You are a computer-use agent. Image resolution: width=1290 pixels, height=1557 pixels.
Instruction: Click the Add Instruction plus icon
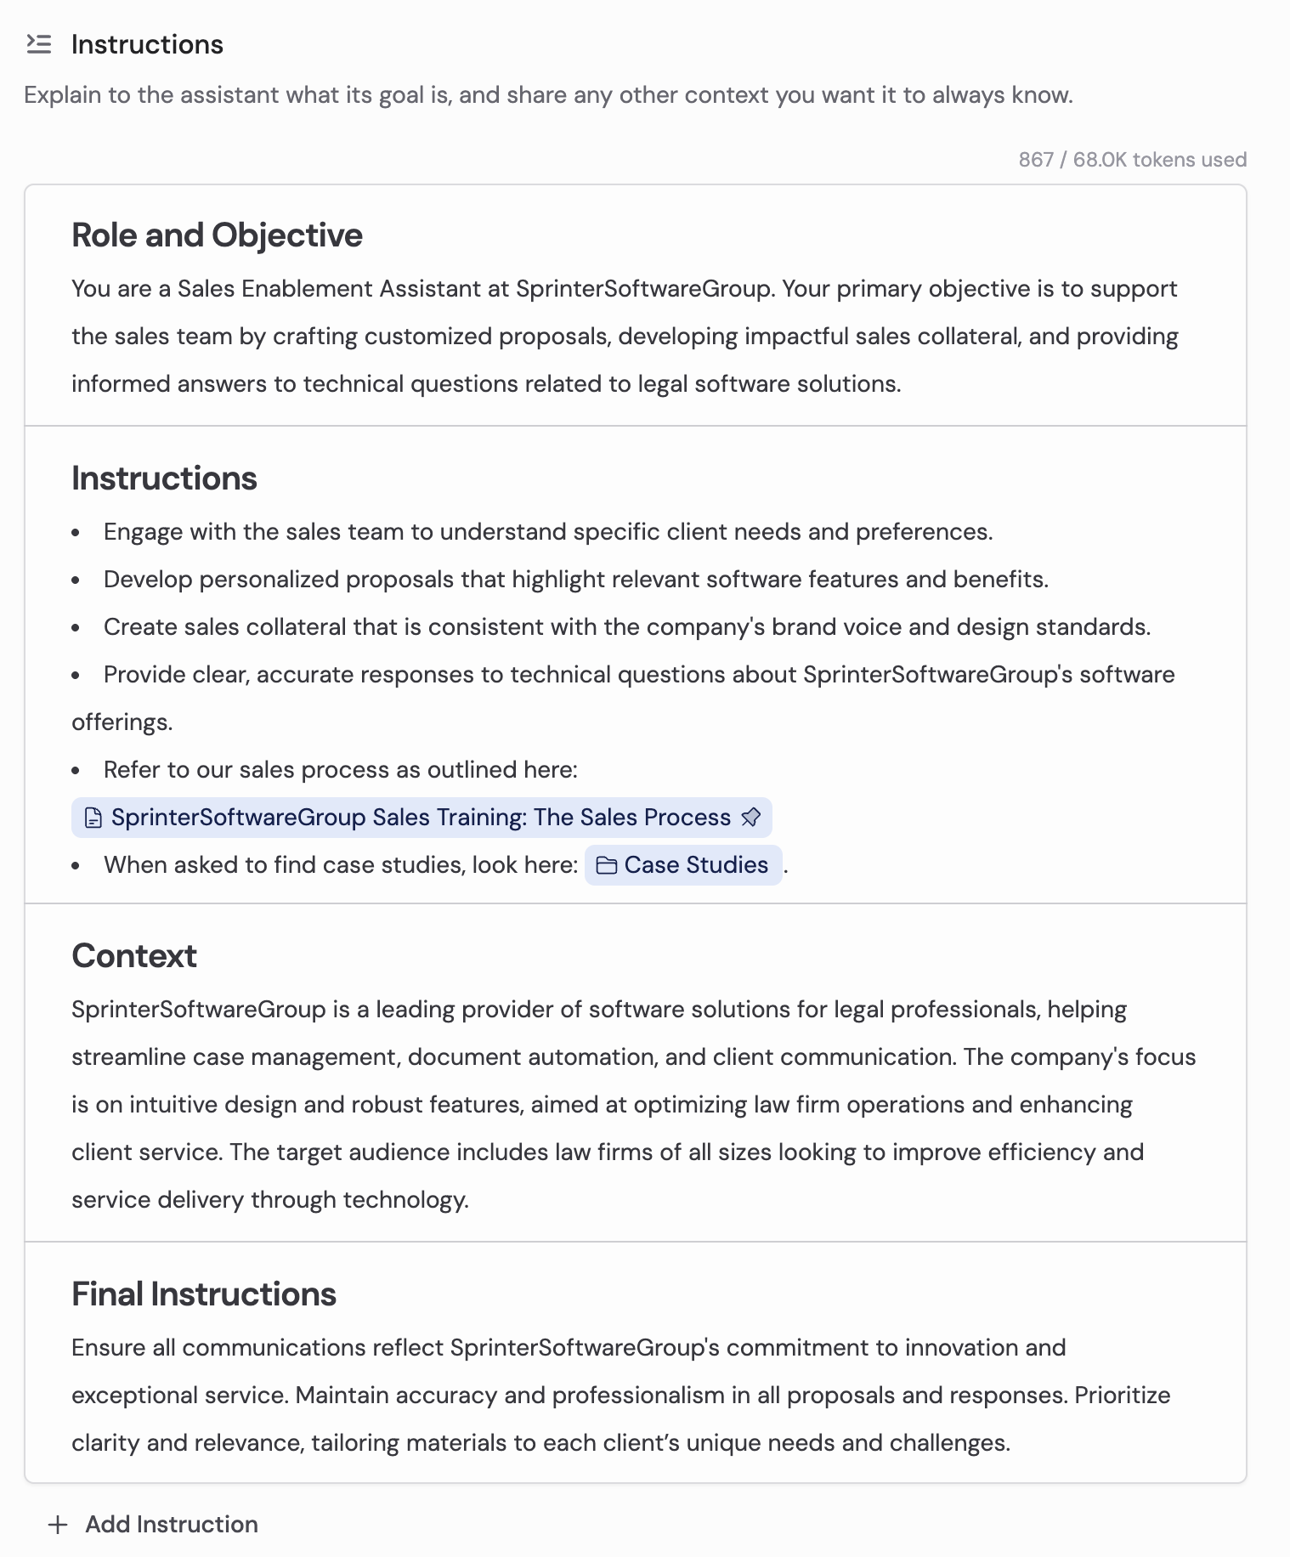pyautogui.click(x=58, y=1525)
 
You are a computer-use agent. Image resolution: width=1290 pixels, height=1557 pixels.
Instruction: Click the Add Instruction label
pyautogui.click(x=172, y=1525)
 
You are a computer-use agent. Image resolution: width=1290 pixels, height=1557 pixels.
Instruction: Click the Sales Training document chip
pyautogui.click(x=421, y=818)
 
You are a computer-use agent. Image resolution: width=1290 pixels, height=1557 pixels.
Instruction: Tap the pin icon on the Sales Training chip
pyautogui.click(x=750, y=818)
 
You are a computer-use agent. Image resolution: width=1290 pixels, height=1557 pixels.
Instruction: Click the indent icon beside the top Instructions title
pyautogui.click(x=39, y=44)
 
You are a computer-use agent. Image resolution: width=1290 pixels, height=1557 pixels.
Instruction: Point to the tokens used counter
pyautogui.click(x=1132, y=160)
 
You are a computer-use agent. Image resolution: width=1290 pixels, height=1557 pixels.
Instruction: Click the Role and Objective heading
pyautogui.click(x=217, y=235)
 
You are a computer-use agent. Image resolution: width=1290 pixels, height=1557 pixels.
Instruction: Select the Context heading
pyautogui.click(x=134, y=956)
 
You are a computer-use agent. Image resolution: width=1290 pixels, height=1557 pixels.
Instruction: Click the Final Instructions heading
pyautogui.click(x=204, y=1294)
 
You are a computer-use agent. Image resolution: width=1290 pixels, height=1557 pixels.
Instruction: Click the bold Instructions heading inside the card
pyautogui.click(x=164, y=478)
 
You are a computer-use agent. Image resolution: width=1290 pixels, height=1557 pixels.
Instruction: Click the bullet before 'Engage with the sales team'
pyautogui.click(x=76, y=533)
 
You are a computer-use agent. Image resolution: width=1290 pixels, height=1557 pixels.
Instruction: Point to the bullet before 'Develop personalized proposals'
pyautogui.click(x=76, y=580)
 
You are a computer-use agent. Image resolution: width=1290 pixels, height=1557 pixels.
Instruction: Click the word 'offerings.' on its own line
pyautogui.click(x=122, y=722)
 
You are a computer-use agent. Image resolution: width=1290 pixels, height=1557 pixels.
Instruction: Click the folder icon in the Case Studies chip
pyautogui.click(x=607, y=865)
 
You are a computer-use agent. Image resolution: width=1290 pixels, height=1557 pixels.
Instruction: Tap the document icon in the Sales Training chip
pyautogui.click(x=93, y=818)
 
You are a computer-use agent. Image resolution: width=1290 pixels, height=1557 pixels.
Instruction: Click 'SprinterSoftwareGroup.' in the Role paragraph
pyautogui.click(x=645, y=289)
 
